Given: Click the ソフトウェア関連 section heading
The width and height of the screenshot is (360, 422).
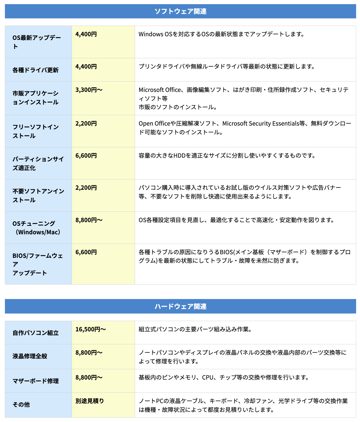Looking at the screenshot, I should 180,11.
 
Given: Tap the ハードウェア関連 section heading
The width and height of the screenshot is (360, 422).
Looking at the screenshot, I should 180,307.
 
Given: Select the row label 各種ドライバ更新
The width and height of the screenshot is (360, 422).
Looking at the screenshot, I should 35,70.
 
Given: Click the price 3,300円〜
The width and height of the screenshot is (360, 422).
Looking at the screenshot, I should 89,90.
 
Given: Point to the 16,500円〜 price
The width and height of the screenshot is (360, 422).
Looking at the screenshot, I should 91,329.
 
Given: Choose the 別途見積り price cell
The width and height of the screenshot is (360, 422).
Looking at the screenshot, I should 89,401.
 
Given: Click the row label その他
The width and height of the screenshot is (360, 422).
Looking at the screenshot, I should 21,405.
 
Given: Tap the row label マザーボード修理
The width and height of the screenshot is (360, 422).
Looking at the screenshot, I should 35,381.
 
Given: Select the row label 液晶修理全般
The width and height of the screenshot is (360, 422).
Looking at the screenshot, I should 30,356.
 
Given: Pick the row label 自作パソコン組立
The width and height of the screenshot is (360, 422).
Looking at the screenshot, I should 35,333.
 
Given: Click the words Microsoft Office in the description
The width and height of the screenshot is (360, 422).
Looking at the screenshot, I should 160,90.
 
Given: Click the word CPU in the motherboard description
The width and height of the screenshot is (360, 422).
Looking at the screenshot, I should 208,377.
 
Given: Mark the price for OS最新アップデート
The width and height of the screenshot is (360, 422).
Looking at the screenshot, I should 86,34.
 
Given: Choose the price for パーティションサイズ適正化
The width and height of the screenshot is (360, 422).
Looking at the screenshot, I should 86,156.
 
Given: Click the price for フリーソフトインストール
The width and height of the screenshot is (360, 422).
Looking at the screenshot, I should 86,123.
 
